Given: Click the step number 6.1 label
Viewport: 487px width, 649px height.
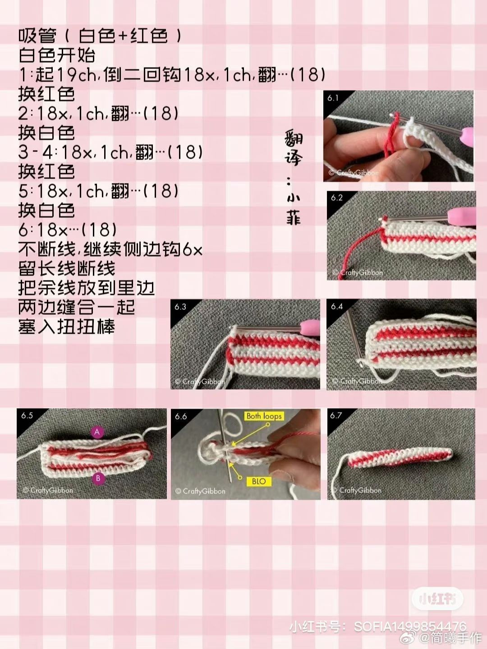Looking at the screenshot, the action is click(x=332, y=98).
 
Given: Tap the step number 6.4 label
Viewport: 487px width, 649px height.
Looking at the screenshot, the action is click(x=336, y=306).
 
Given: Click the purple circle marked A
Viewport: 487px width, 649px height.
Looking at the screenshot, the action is click(x=97, y=432).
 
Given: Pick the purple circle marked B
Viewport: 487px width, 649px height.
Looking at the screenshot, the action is click(x=98, y=478).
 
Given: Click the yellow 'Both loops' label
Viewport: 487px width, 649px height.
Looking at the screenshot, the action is click(x=264, y=416).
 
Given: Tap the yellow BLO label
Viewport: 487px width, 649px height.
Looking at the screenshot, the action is click(x=258, y=481).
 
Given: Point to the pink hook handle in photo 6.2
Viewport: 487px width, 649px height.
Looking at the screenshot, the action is click(x=461, y=215).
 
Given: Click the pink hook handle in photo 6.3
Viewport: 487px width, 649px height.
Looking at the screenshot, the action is click(x=310, y=326).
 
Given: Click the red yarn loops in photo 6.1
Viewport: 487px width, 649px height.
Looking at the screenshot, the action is click(x=391, y=134).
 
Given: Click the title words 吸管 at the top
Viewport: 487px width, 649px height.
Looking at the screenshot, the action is click(x=37, y=37).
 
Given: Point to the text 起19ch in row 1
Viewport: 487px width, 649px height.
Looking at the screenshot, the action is click(x=65, y=74).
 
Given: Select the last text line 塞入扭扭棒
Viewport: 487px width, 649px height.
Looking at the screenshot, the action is click(x=66, y=327).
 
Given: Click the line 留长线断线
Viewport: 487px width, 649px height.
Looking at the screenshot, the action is click(x=66, y=268).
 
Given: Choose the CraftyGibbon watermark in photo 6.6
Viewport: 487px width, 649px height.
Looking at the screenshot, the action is click(x=200, y=492).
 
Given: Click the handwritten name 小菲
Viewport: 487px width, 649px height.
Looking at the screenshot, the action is click(x=294, y=207).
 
